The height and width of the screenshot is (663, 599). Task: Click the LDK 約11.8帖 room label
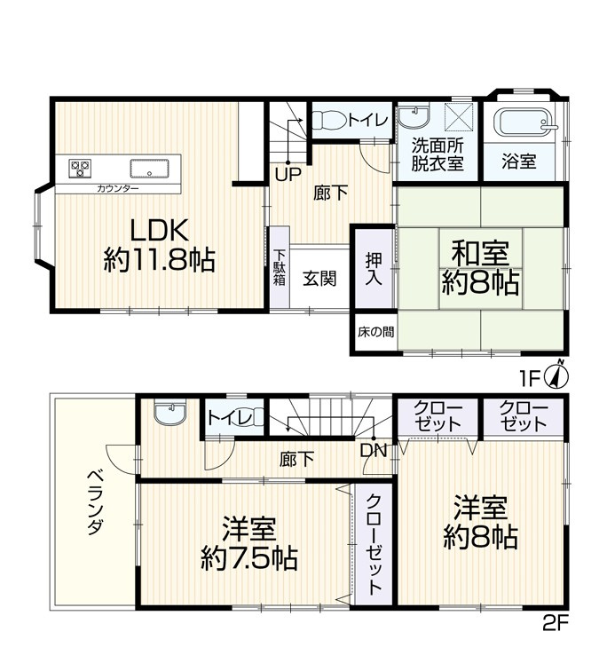(159, 245)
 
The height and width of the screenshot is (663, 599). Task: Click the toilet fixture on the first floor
(331, 120)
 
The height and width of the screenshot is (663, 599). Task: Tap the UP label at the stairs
(286, 174)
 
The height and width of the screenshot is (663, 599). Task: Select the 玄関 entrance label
(318, 278)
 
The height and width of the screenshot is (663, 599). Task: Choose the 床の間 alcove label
(376, 333)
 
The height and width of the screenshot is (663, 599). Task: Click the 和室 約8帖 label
(480, 268)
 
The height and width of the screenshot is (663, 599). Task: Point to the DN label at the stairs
(372, 451)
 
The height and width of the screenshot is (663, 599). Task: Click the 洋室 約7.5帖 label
(248, 543)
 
